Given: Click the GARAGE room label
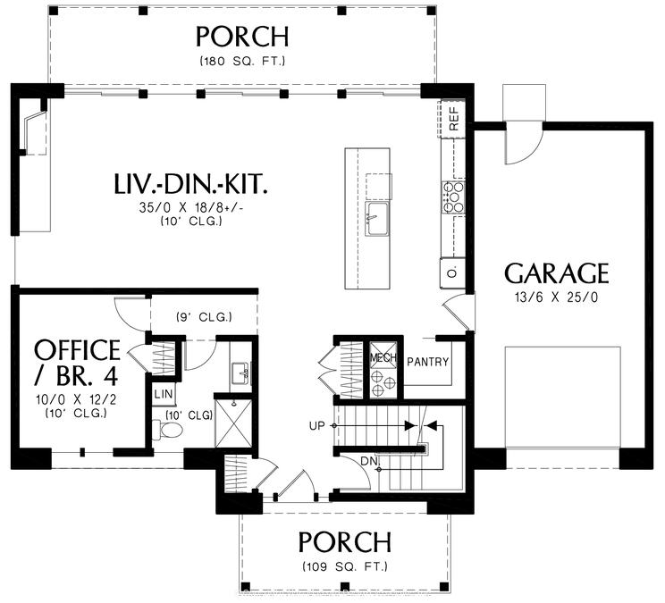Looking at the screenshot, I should [556, 272].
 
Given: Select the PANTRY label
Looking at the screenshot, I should [428, 363].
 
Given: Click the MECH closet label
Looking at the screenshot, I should [384, 357].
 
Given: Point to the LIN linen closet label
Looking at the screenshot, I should [163, 394].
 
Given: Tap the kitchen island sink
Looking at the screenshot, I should [376, 214].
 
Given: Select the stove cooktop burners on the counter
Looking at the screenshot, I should [452, 197].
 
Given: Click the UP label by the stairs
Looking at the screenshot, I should [316, 426].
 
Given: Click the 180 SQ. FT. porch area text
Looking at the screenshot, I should [243, 62].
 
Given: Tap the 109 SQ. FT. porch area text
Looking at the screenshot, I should [344, 566].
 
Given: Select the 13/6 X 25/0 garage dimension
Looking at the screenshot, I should [556, 298].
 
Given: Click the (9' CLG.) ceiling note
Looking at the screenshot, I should [204, 317].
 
